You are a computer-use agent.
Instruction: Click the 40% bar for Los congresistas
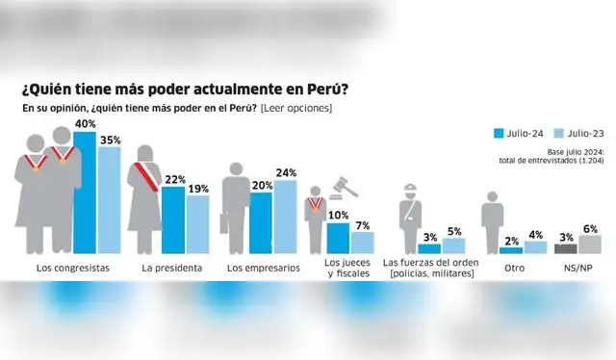[x=85, y=193]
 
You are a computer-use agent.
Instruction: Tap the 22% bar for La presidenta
[x=172, y=219]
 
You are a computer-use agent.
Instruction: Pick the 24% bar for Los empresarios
[x=285, y=217]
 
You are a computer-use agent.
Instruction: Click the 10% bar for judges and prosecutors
[x=338, y=238]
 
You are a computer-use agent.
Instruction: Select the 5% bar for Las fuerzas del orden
[x=453, y=246]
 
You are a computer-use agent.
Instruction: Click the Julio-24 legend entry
[x=520, y=133]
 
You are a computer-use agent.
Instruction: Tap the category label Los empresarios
[x=262, y=268]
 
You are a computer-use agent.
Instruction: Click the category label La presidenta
[x=170, y=268]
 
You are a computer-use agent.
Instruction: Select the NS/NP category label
[x=576, y=268]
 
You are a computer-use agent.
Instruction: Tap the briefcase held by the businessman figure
[x=224, y=222]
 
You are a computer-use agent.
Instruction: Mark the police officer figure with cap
[x=408, y=217]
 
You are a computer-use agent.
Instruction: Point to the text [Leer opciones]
[x=296, y=108]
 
